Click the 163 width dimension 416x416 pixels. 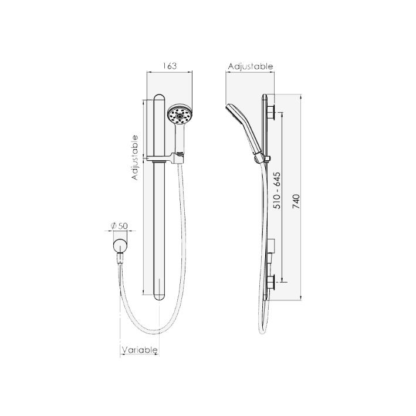169,66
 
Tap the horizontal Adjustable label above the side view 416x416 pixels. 251,66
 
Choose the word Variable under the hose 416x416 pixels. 140,350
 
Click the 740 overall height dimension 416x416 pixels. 296,201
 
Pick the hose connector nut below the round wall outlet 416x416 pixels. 121,258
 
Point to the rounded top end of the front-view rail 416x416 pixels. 160,97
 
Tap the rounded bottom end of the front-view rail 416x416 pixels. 160,296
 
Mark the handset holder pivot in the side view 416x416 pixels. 258,158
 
